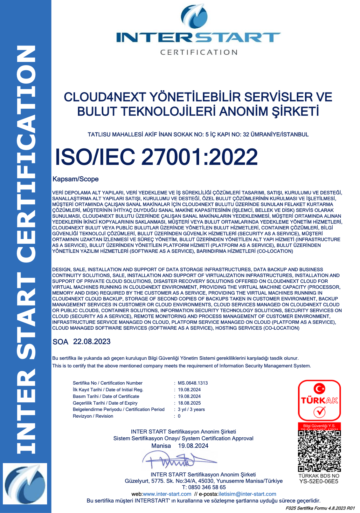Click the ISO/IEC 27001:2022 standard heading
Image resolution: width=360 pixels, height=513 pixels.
click(156, 157)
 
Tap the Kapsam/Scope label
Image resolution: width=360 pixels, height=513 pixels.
click(75, 179)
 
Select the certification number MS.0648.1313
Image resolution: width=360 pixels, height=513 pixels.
click(193, 383)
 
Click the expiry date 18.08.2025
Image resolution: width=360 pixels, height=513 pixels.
click(189, 403)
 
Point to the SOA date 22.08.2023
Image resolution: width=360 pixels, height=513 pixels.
click(92, 342)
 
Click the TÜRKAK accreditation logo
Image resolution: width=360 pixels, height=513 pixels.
click(319, 400)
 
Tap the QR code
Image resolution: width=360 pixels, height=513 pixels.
click(319, 451)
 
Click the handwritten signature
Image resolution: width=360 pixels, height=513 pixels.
click(178, 460)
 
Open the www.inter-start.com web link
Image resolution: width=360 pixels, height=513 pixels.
click(167, 494)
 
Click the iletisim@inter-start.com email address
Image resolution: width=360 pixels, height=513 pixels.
click(247, 494)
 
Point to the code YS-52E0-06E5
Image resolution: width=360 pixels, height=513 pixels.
click(319, 481)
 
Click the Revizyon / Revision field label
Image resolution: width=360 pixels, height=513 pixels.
click(93, 416)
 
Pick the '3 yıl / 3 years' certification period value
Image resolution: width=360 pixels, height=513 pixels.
click(191, 409)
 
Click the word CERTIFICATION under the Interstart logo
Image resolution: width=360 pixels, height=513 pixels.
click(199, 52)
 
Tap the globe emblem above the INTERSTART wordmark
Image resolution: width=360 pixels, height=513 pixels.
click(194, 16)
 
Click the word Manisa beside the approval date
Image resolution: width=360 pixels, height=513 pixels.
click(161, 446)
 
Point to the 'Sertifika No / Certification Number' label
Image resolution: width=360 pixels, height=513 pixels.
click(107, 383)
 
